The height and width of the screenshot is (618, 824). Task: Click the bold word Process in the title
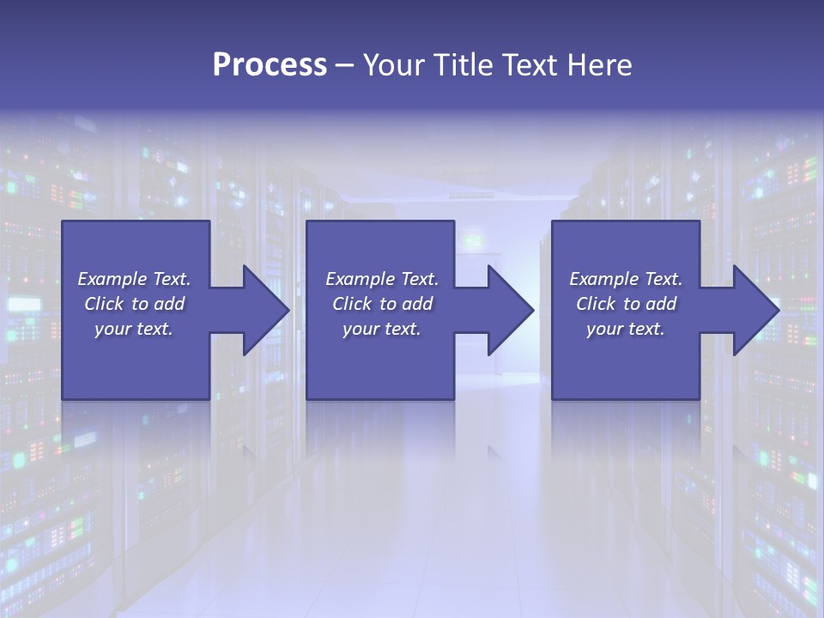(270, 65)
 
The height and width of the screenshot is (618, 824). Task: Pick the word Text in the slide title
(532, 65)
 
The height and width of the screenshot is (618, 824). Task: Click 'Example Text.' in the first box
(134, 279)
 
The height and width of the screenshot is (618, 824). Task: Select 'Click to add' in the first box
(134, 304)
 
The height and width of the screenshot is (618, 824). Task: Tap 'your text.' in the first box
(134, 329)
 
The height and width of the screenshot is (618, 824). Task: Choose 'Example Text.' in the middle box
(382, 279)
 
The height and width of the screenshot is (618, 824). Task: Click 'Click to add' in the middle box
(382, 304)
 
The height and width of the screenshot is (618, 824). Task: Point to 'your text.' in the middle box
(382, 329)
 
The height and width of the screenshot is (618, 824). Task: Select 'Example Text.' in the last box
(626, 279)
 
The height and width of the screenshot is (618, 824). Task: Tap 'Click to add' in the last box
(626, 304)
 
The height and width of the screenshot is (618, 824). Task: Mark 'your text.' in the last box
(626, 329)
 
